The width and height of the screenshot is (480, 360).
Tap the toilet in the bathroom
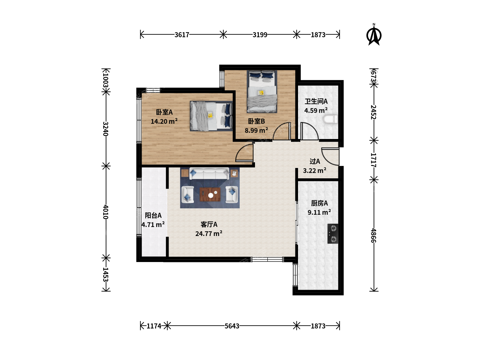330,119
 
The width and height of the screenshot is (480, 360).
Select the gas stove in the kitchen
333,234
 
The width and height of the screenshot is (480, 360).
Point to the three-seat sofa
209,174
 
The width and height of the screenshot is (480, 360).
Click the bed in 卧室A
211,116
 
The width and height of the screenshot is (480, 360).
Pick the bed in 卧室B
262,91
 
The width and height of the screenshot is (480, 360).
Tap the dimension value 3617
182,35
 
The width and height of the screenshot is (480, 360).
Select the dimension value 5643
232,326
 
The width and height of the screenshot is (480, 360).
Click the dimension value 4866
374,236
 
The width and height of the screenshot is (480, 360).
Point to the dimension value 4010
106,212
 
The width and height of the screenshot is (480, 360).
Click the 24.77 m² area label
209,233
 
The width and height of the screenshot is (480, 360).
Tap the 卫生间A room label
316,101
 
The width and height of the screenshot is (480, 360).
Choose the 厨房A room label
319,203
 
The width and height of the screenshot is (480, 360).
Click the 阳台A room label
153,216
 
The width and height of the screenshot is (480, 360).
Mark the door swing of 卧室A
244,153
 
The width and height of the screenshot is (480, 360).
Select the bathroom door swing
309,131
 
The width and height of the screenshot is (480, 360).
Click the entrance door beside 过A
330,157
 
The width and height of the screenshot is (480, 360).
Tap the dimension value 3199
260,35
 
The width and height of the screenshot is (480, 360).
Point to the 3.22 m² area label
315,170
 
